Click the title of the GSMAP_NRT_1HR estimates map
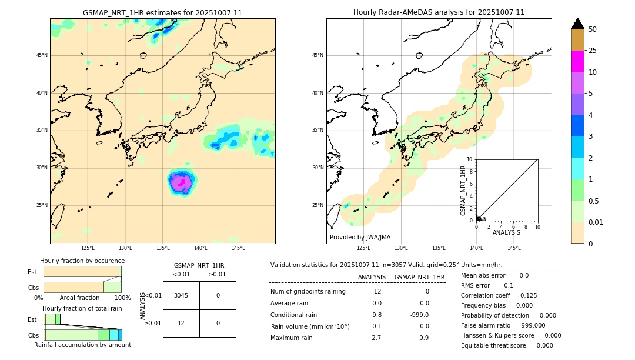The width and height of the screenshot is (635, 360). pyautogui.click(x=162, y=12)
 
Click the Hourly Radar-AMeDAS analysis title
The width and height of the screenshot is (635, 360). pyautogui.click(x=439, y=12)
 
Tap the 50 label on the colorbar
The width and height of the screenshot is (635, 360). pyautogui.click(x=593, y=29)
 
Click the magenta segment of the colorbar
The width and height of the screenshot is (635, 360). pyautogui.click(x=577, y=61)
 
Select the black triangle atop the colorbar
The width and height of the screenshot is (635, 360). pyautogui.click(x=577, y=24)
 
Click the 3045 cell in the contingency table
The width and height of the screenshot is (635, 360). pyautogui.click(x=181, y=295)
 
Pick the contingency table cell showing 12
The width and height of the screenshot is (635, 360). pyautogui.click(x=181, y=323)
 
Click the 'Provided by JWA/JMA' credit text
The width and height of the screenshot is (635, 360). pyautogui.click(x=360, y=237)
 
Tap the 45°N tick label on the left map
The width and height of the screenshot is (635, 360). pyautogui.click(x=42, y=55)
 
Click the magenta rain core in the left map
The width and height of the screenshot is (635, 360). pyautogui.click(x=182, y=183)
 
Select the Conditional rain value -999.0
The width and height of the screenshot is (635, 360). pyautogui.click(x=419, y=315)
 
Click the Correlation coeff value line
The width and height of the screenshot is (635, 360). pyautogui.click(x=499, y=295)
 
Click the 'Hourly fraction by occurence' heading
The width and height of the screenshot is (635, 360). pyautogui.click(x=82, y=261)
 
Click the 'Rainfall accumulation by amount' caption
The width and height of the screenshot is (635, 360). pyautogui.click(x=82, y=345)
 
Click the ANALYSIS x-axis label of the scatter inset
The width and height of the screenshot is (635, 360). pyautogui.click(x=506, y=232)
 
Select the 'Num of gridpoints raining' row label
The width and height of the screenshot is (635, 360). pyautogui.click(x=308, y=291)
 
